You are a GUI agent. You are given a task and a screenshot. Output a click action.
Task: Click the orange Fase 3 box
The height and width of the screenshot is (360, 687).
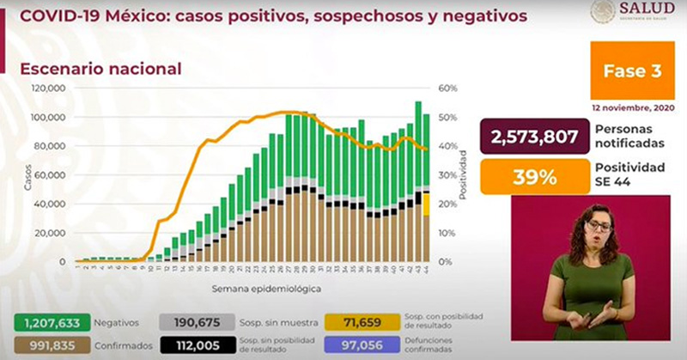[x=632, y=71]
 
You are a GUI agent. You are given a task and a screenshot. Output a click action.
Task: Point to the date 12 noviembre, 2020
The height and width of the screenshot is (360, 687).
[x=632, y=109]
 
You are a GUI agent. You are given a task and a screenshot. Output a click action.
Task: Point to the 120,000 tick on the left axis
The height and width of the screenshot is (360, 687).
[x=49, y=88]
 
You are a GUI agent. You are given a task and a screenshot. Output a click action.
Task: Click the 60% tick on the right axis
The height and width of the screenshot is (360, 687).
[x=447, y=88]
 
